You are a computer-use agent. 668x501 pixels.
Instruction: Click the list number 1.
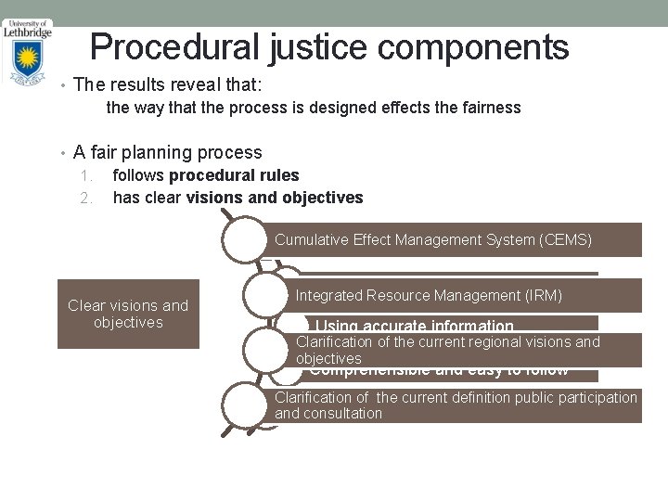[x=85, y=175]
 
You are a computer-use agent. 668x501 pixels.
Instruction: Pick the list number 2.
[x=85, y=198]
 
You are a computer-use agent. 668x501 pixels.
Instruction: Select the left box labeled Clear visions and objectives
[x=128, y=314]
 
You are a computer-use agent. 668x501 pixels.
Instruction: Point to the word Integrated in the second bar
[x=328, y=295]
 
